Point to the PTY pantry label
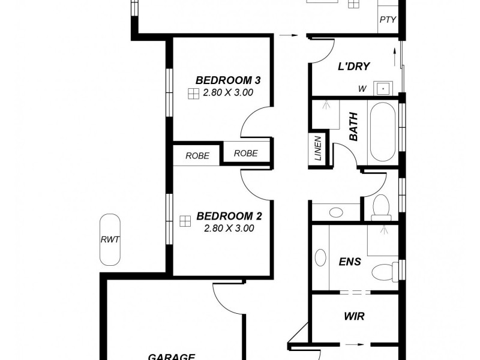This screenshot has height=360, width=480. (x=388, y=20)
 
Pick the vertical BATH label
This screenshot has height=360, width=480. (x=353, y=127)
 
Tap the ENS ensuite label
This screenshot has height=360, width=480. (x=350, y=262)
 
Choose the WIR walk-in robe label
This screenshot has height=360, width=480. (x=355, y=316)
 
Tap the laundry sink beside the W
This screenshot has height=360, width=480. (x=383, y=89)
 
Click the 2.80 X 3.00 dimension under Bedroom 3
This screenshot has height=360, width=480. (x=229, y=92)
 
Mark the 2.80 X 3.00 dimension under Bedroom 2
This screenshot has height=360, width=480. (x=229, y=228)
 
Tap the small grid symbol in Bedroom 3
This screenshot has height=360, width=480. (x=193, y=93)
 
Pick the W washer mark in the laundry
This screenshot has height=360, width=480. (x=362, y=89)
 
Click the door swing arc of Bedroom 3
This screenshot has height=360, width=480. (x=251, y=120)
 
